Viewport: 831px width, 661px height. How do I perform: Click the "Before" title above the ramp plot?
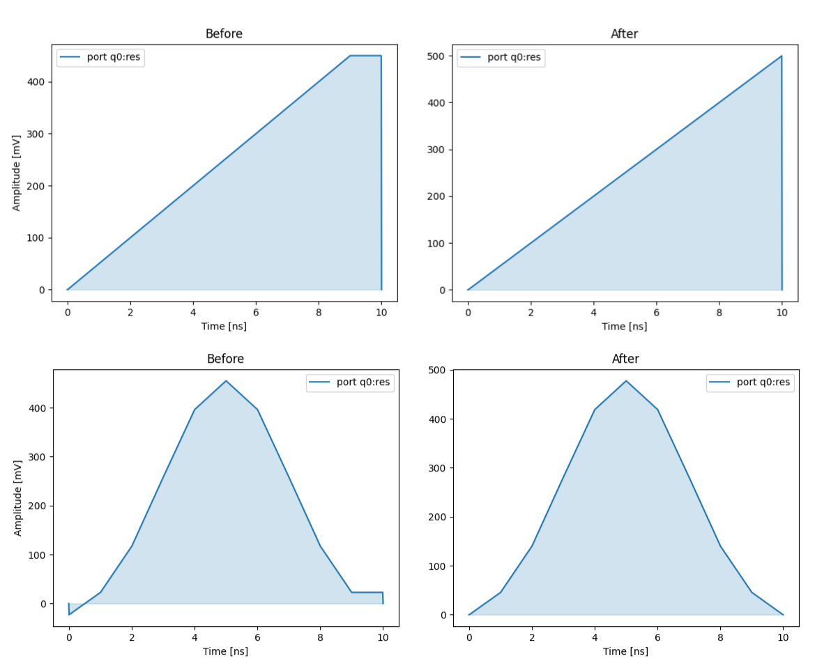(224, 33)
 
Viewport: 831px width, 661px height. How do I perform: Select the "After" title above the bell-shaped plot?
(625, 359)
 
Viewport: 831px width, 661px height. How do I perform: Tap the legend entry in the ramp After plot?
(501, 57)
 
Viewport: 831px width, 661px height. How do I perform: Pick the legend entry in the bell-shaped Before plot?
(350, 382)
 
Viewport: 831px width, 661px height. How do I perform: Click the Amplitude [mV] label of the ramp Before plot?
(17, 173)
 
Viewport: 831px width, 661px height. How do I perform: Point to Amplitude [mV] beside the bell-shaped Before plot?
(18, 498)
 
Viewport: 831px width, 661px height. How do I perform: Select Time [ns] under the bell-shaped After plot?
(625, 651)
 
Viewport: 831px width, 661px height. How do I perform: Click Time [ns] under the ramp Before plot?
(224, 326)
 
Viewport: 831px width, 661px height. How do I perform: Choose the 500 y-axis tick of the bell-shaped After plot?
(438, 370)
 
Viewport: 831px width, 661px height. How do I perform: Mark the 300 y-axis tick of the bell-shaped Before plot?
(36, 457)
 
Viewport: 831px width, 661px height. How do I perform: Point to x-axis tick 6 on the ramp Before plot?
(256, 312)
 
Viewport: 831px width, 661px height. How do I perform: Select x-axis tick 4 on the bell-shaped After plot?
(595, 637)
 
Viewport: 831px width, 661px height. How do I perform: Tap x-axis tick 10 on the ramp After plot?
(782, 313)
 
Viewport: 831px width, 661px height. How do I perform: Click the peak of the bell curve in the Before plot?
(226, 380)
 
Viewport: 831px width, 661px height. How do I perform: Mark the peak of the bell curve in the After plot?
(626, 381)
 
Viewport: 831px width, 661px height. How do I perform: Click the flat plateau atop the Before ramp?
(365, 56)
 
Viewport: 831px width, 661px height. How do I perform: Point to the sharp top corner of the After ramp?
(782, 56)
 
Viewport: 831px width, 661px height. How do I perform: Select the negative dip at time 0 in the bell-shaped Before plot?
(69, 614)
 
